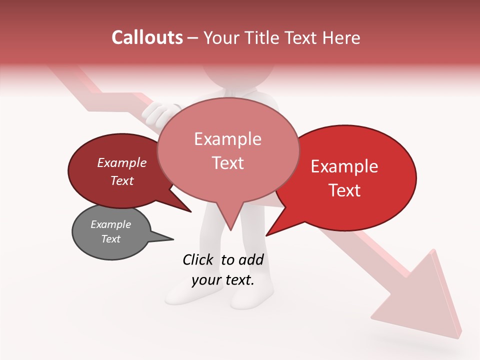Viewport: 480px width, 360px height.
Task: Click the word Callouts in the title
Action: (147, 37)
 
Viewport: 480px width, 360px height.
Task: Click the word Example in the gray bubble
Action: (111, 224)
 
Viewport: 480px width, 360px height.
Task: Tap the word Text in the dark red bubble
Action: (122, 180)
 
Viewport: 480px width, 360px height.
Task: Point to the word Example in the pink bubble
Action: (227, 138)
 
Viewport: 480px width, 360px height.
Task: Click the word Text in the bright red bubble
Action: (345, 190)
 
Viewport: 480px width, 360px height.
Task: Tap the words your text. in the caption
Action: (223, 280)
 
